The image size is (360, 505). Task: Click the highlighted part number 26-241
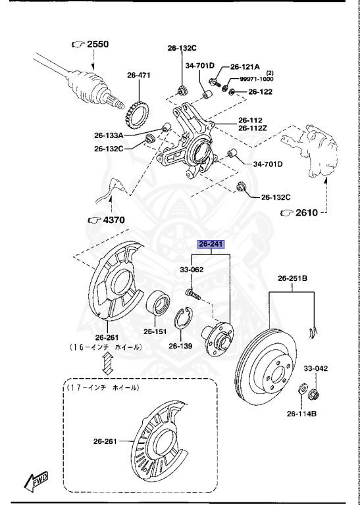pyautogui.click(x=212, y=244)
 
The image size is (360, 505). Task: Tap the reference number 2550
pyautogui.click(x=96, y=44)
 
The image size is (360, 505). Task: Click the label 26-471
pyautogui.click(x=139, y=75)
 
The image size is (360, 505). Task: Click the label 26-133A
pyautogui.click(x=109, y=135)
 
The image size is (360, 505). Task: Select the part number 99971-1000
pyautogui.click(x=256, y=79)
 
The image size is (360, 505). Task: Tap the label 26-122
pyautogui.click(x=260, y=91)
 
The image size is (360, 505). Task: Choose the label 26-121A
pyautogui.click(x=245, y=66)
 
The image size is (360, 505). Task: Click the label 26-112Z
pyautogui.click(x=254, y=128)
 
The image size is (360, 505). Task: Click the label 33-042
pyautogui.click(x=315, y=369)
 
